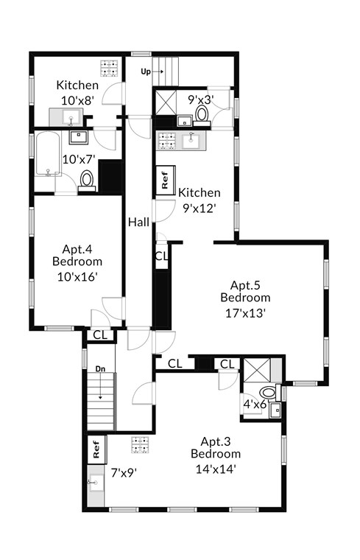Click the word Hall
click(138, 222)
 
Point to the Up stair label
click(146, 71)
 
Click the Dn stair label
click(100, 369)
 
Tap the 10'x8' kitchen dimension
click(77, 100)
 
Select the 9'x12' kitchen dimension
click(200, 208)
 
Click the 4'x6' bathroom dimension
click(255, 405)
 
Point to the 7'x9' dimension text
click(124, 473)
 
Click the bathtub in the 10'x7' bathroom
click(47, 153)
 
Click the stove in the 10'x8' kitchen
click(109, 68)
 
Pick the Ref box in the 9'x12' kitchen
click(166, 180)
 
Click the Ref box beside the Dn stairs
click(96, 450)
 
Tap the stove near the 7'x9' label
click(140, 445)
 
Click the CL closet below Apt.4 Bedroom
click(100, 335)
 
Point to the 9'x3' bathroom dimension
click(200, 99)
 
